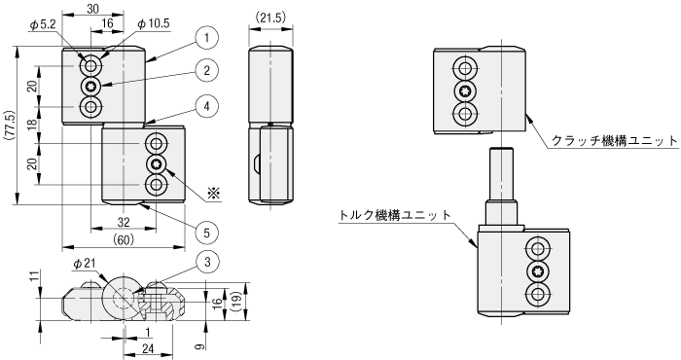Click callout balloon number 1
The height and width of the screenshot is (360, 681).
[206, 38]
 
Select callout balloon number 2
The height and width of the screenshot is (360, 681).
[206, 70]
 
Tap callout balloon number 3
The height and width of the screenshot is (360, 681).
[206, 262]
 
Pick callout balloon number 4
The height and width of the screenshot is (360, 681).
[206, 106]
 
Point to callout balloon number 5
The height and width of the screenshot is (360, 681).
[206, 234]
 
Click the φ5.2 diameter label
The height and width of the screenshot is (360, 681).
[44, 25]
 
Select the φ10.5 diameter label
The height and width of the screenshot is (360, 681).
[154, 24]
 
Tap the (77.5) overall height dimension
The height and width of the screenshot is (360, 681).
[11, 126]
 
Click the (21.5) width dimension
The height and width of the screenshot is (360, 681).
[270, 18]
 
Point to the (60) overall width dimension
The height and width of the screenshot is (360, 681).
[124, 239]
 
